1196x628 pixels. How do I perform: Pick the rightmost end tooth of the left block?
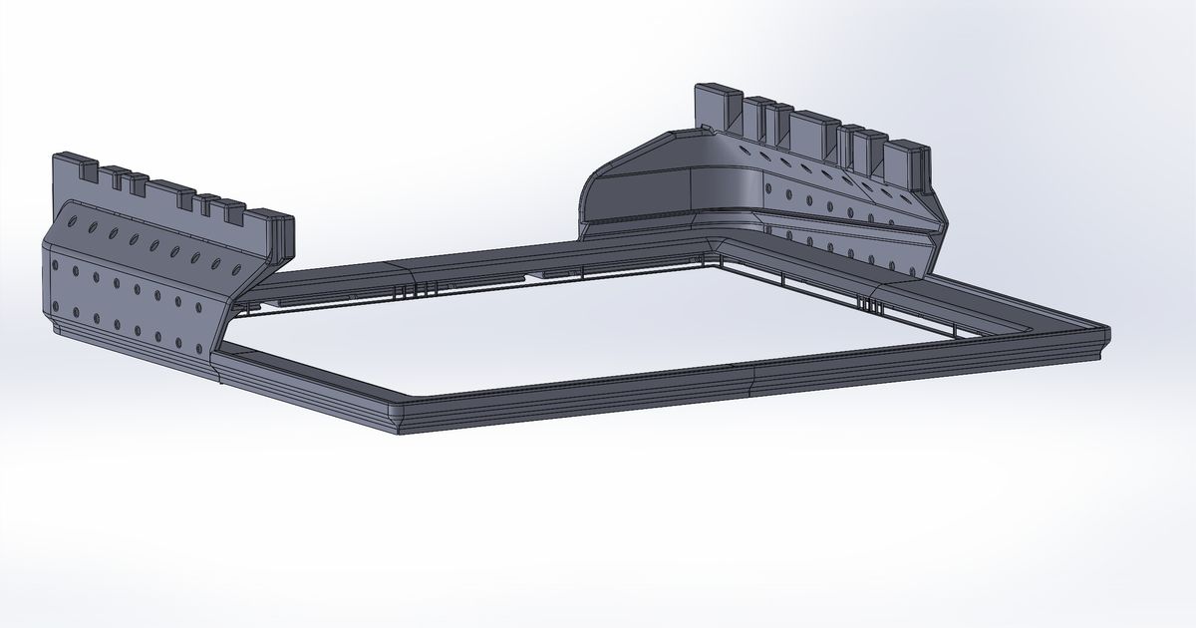coord(270,224)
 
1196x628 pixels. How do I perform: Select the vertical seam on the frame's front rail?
coord(753,378)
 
